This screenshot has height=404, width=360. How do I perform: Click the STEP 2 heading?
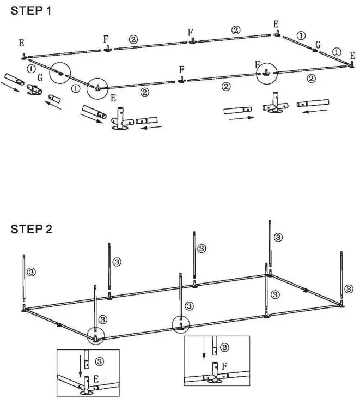coord(32,229)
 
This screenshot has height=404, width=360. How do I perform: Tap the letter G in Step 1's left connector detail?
coord(40,79)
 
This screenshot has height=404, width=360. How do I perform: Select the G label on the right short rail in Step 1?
coord(318,43)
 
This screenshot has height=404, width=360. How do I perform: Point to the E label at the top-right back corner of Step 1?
coord(276,24)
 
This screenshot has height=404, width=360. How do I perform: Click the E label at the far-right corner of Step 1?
coord(352,56)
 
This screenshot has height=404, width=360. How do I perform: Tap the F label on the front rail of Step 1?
coord(181,70)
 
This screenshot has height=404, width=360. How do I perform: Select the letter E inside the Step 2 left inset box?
coord(95,378)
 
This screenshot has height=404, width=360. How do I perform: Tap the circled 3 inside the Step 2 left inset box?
coord(99,360)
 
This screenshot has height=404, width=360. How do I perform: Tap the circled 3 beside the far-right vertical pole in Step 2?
coord(347,286)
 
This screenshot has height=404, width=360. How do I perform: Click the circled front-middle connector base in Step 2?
coord(180,325)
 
